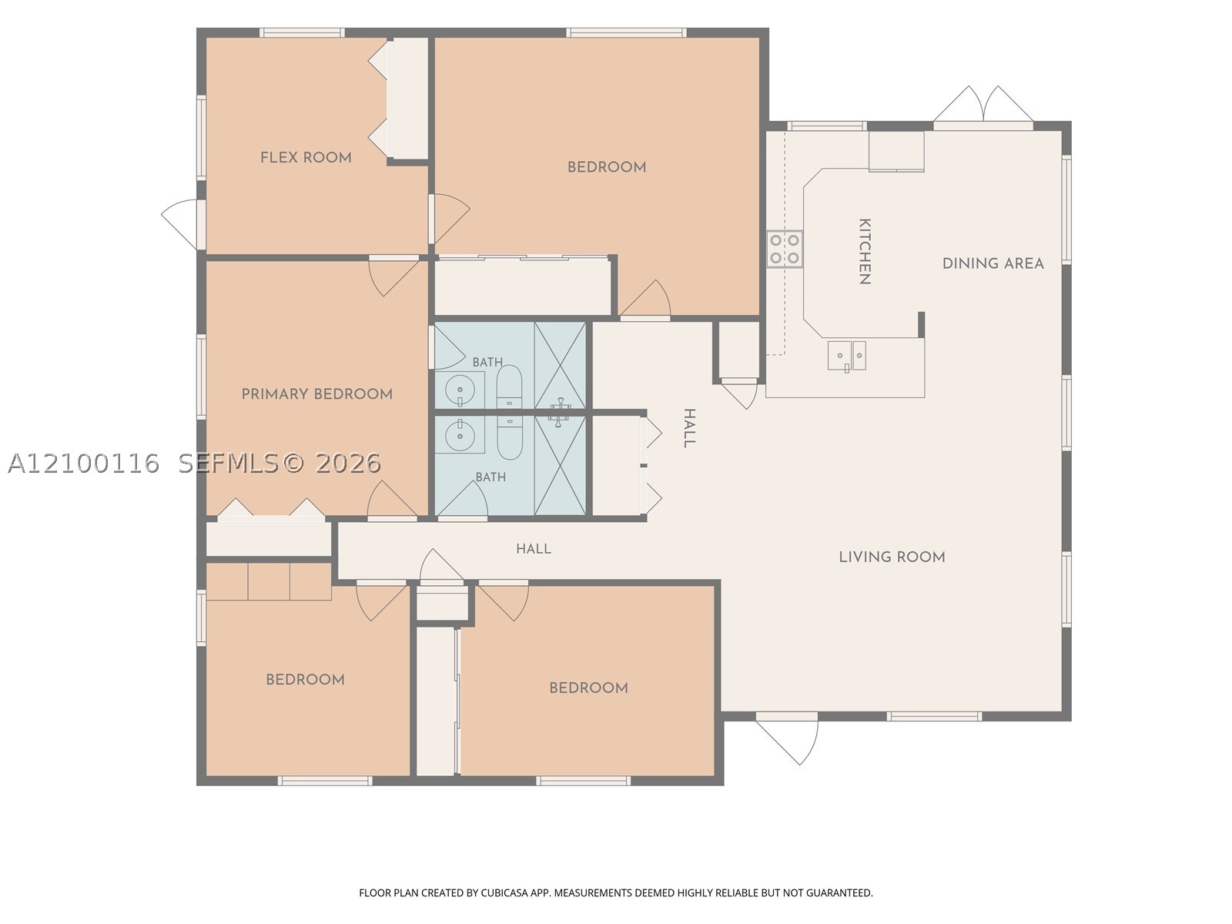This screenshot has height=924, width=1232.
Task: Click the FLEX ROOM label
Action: [306, 158]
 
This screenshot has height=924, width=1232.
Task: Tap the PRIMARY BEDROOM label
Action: [317, 394]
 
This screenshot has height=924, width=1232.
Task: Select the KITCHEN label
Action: [865, 251]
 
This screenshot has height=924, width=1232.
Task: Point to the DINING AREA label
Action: [993, 263]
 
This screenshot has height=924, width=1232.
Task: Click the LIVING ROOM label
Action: [892, 557]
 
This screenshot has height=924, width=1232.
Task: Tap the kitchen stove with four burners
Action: [785, 249]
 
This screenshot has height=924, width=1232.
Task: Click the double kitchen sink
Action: [847, 356]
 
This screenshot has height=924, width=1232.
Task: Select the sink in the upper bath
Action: [460, 390]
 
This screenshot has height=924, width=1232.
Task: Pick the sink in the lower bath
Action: [460, 434]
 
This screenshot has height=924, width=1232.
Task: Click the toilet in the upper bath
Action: [509, 387]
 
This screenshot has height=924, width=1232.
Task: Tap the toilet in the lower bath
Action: [510, 437]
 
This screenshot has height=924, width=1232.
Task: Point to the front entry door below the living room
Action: [787, 739]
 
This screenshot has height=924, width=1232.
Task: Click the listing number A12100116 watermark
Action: [84, 464]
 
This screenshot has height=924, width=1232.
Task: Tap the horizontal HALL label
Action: [534, 549]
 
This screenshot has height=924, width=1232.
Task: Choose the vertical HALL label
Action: [689, 428]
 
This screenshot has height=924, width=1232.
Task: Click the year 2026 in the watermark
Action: [348, 464]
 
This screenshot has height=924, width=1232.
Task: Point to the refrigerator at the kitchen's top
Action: [896, 151]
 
